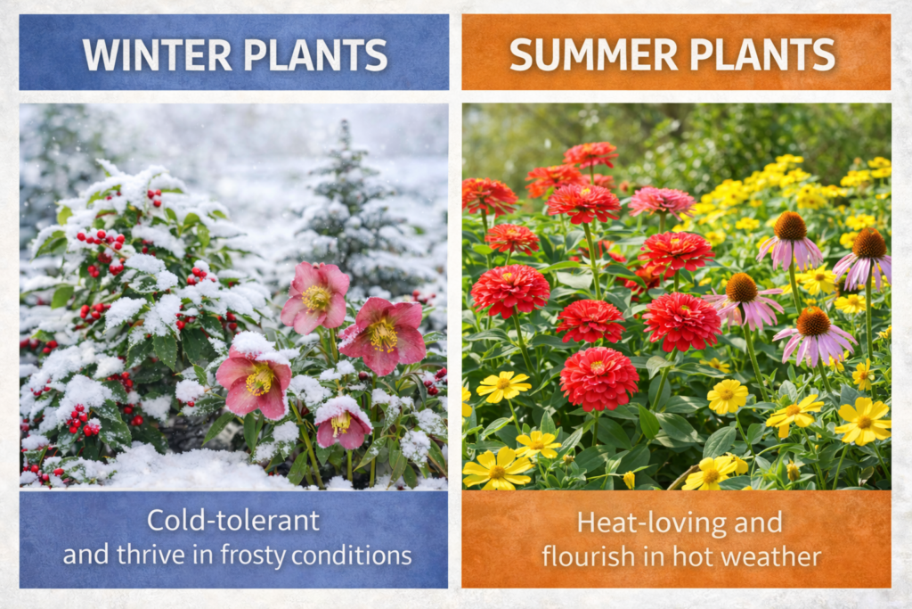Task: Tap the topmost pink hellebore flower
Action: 316,297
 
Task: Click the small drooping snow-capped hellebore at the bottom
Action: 343,421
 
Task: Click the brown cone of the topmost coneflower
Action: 790,226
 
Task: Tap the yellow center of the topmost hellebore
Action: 318,298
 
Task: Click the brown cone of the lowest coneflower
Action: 813,321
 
